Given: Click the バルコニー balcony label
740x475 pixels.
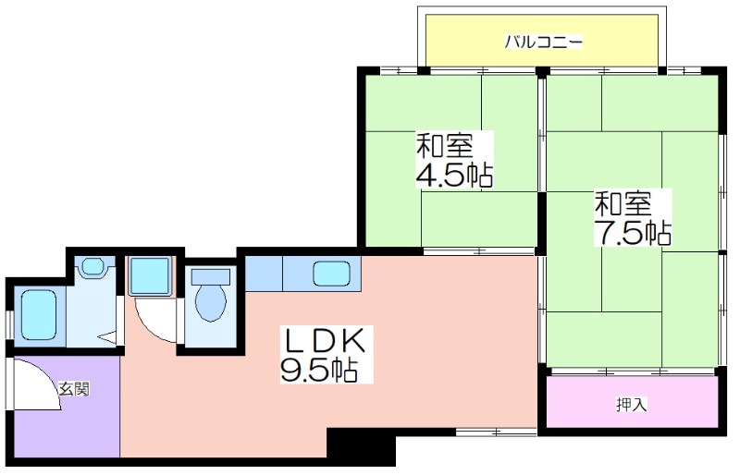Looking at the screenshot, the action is (544, 42).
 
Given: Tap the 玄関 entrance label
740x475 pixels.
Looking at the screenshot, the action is (74, 390).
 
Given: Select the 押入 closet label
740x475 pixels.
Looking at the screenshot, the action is (631, 405).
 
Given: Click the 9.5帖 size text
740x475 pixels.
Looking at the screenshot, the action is (318, 370).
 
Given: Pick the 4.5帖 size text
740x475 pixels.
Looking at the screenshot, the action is (454, 175).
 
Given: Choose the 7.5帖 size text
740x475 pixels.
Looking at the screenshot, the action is (633, 232).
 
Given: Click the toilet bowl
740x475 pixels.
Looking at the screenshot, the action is (211, 302).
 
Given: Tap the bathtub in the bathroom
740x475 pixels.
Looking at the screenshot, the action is (39, 314).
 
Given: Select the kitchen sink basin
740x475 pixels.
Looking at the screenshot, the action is (332, 274).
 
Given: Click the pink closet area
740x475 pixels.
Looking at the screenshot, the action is (633, 402).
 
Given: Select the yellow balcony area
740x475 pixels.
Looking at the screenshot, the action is (542, 41).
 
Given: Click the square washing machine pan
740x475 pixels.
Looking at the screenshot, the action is (150, 276).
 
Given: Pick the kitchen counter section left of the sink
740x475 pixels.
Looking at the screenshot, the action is (264, 274).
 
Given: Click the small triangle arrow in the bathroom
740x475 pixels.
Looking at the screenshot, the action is (107, 337).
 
